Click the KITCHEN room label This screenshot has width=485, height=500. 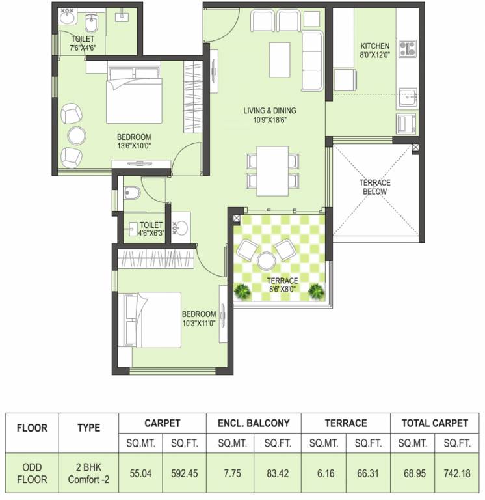coord(375,46)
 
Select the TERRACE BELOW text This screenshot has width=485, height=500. coord(374,187)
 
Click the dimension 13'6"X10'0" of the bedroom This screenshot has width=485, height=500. coord(134,146)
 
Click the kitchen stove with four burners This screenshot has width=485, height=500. coord(407,48)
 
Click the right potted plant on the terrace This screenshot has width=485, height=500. coord(316,290)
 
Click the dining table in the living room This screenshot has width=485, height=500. coord(272,167)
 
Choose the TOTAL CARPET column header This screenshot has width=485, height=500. coord(434,423)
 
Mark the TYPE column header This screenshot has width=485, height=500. coord(88,428)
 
